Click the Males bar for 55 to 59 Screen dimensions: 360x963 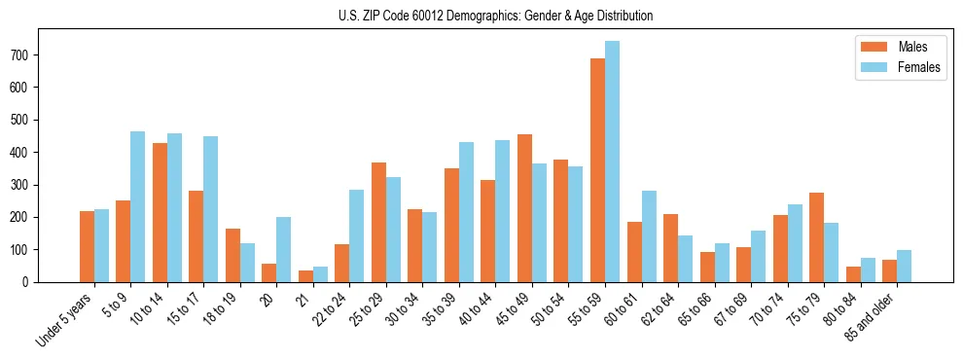click(x=597, y=170)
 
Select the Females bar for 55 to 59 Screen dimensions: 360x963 click(x=612, y=162)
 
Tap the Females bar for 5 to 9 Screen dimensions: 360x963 click(x=138, y=206)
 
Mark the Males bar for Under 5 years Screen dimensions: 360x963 click(x=87, y=246)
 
